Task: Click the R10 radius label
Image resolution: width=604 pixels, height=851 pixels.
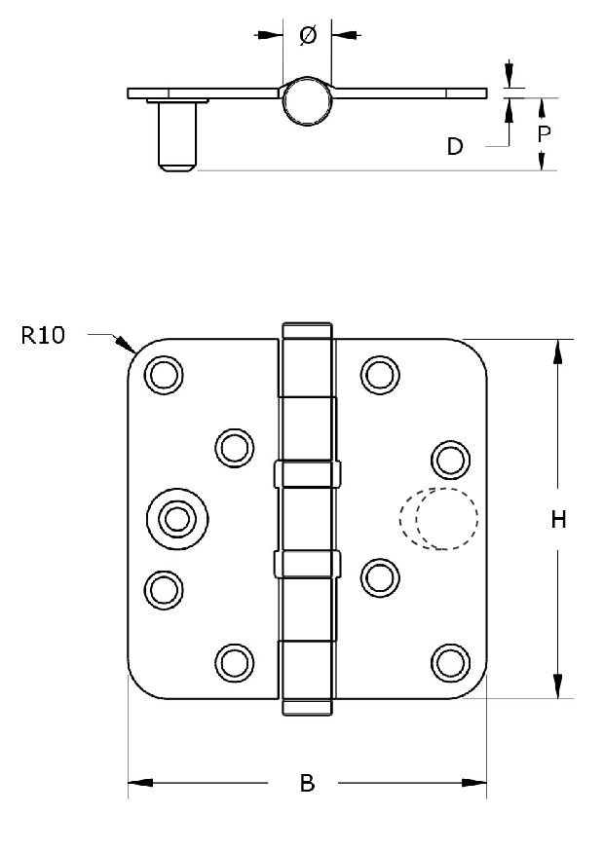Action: (43, 335)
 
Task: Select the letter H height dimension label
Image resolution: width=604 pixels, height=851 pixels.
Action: (558, 519)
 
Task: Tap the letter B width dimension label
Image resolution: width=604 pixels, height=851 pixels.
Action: (308, 783)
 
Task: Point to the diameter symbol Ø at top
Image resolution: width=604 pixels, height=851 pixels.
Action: (308, 36)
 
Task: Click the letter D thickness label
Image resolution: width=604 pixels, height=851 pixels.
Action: (455, 146)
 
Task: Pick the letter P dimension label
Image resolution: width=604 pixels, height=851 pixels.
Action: (544, 133)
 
